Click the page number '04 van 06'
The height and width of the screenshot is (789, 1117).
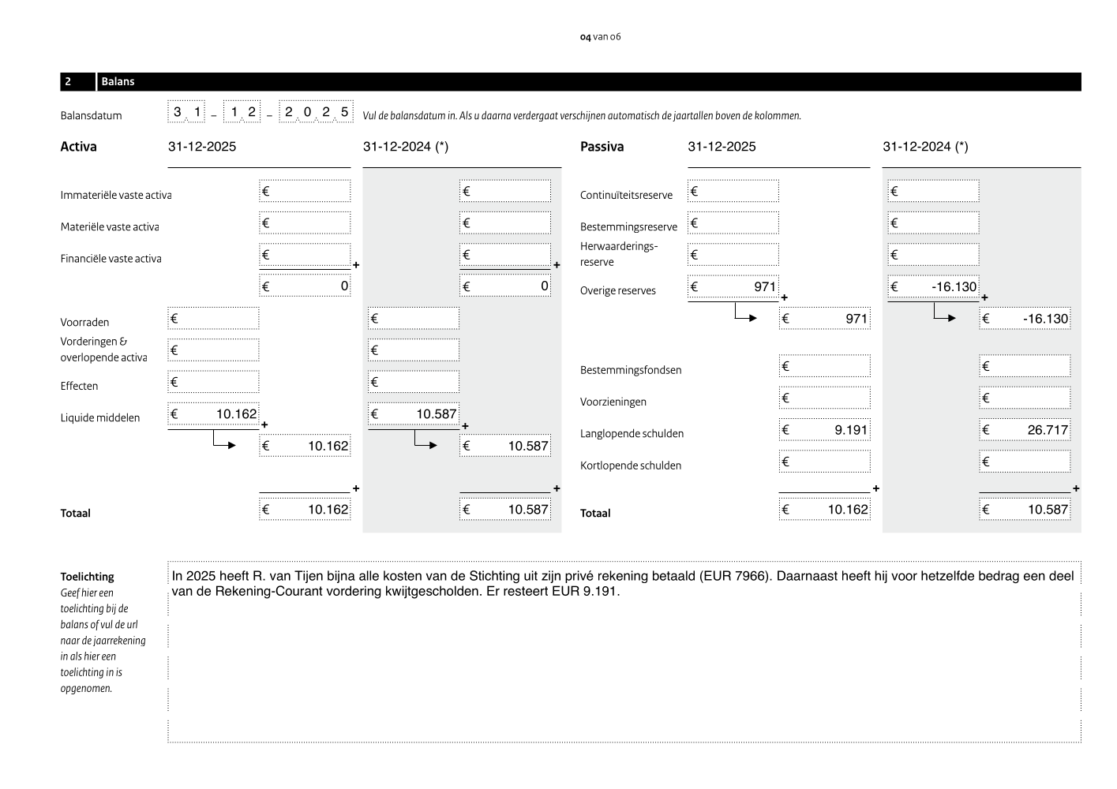tap(600, 36)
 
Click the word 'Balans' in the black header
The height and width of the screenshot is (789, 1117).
tap(118, 81)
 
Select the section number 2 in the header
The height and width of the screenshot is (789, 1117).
tap(69, 81)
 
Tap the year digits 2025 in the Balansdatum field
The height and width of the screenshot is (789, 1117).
tap(317, 112)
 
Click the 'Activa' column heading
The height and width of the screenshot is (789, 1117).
tap(79, 147)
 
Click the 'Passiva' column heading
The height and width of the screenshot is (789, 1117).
tap(602, 147)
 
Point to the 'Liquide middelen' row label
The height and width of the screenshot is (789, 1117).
tap(100, 418)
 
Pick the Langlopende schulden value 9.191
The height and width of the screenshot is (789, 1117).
tap(824, 430)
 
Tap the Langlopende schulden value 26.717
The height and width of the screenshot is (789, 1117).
tap(1025, 430)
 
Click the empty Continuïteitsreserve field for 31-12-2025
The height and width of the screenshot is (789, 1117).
tap(733, 191)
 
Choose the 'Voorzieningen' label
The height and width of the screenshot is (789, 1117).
tap(613, 402)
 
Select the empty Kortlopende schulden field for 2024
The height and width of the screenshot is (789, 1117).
tap(1025, 462)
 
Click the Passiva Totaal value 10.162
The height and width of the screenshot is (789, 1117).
tap(824, 510)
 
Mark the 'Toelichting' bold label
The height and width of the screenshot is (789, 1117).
tap(87, 577)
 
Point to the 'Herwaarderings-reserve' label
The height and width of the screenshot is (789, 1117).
tap(619, 254)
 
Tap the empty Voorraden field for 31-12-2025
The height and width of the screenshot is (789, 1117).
tap(213, 319)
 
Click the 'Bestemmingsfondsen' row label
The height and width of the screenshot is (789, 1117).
tap(631, 370)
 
